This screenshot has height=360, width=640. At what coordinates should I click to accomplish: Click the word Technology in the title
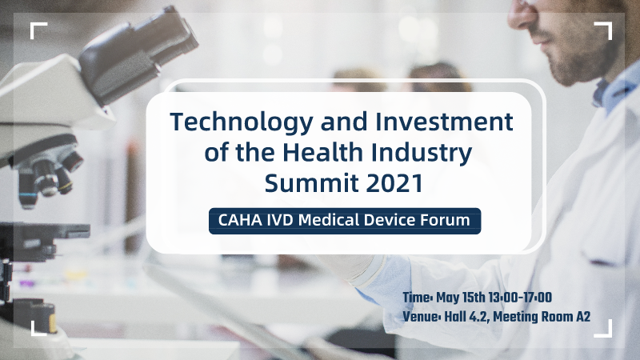click(x=242, y=123)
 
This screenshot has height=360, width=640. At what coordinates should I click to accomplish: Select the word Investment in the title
click(x=444, y=122)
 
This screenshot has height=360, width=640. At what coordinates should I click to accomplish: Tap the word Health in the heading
click(x=322, y=152)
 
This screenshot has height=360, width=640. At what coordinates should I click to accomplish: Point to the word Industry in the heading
click(x=422, y=154)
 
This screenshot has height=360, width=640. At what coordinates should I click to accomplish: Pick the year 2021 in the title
click(x=394, y=183)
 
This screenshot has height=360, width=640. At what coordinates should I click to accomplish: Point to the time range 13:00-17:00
click(x=520, y=298)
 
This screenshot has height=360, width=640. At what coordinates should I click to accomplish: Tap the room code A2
click(x=583, y=316)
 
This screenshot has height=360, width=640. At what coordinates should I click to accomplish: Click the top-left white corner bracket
click(x=36, y=28)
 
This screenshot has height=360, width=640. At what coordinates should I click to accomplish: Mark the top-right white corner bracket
click(x=606, y=28)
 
